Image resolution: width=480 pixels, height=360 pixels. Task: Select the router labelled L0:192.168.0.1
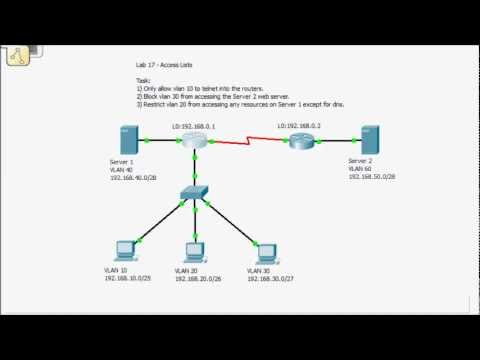click(194, 142)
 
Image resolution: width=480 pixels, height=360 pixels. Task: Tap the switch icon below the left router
click(196, 192)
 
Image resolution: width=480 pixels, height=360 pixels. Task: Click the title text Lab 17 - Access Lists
click(164, 62)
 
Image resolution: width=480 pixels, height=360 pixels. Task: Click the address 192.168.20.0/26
click(198, 278)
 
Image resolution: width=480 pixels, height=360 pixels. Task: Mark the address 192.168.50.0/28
click(372, 175)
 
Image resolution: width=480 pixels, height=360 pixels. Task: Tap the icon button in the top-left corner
click(16, 59)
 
